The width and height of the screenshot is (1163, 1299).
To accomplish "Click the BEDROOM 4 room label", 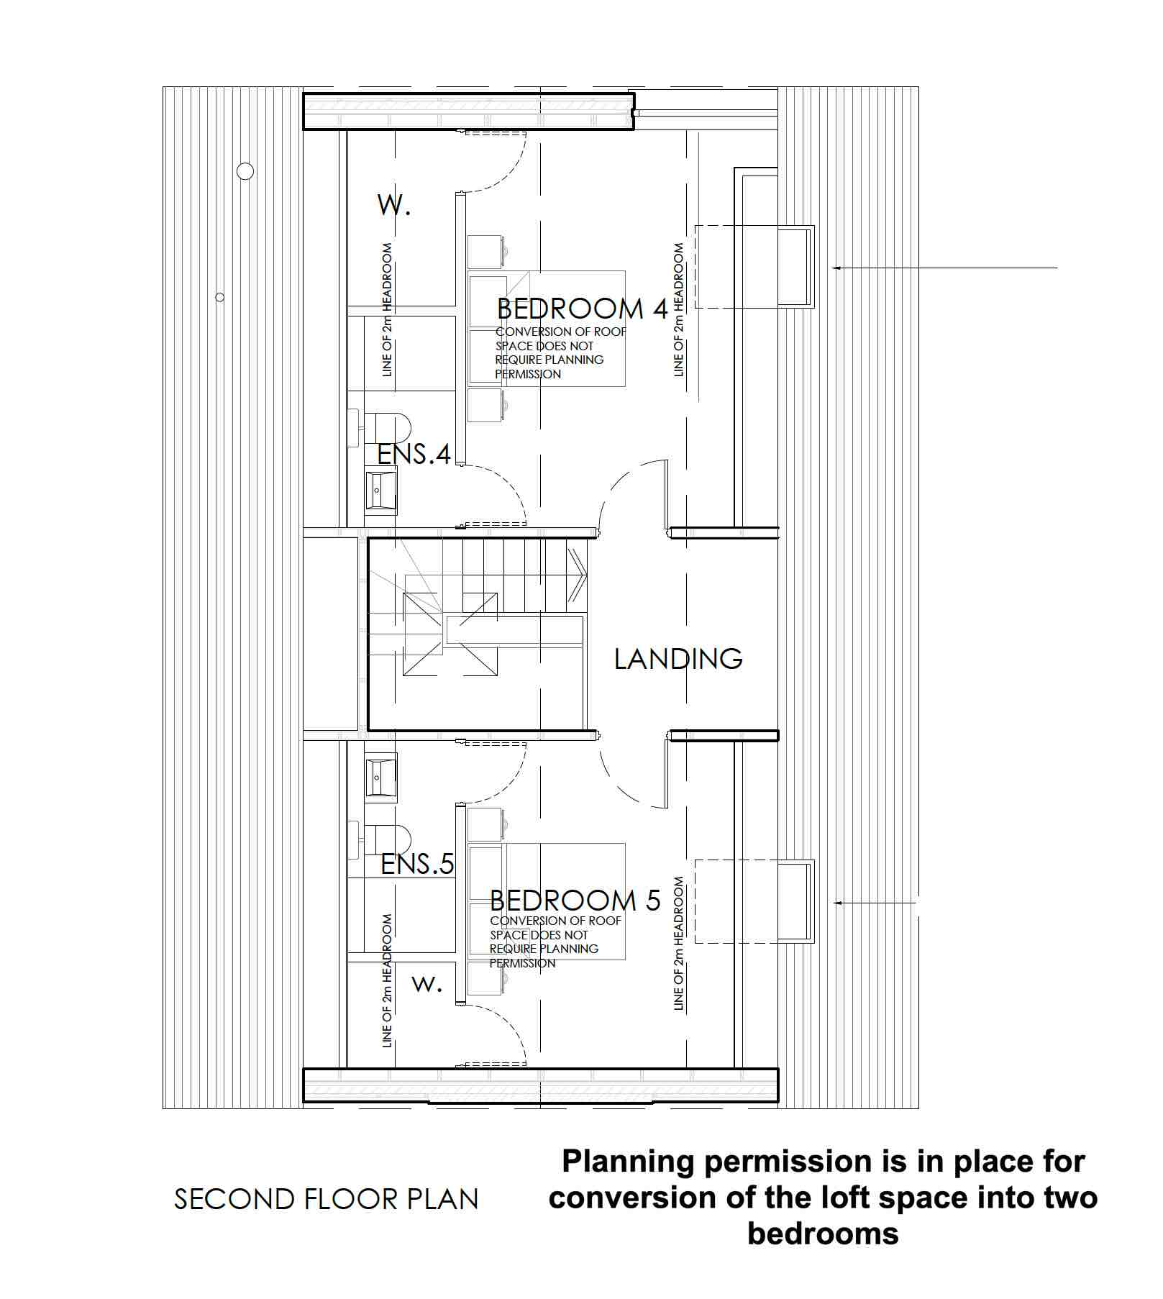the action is coord(583,309).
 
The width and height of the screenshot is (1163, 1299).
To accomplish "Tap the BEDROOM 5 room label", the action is coord(575,901).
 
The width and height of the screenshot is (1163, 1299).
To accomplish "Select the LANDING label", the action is coord(678,659).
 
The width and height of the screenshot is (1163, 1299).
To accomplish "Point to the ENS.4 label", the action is coord(414,454).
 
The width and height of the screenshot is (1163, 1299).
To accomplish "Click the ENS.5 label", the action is coord(417,864).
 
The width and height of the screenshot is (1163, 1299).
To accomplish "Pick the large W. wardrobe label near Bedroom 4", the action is coord(394,205).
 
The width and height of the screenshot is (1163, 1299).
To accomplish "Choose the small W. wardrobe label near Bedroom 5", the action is coord(427,984).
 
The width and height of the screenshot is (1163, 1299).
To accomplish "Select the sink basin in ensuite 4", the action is coord(380,490).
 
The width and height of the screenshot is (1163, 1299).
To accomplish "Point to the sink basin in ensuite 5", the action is coord(380,777).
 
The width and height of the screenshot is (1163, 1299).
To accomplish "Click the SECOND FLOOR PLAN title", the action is coord(327,1199).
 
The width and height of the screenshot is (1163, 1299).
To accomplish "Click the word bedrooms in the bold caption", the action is coord(823,1234).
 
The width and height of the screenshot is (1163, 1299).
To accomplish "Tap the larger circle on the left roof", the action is coord(245,171).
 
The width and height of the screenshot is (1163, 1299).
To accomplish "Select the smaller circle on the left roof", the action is coord(220,297).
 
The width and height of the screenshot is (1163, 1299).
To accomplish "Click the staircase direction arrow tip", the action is coord(588,575).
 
